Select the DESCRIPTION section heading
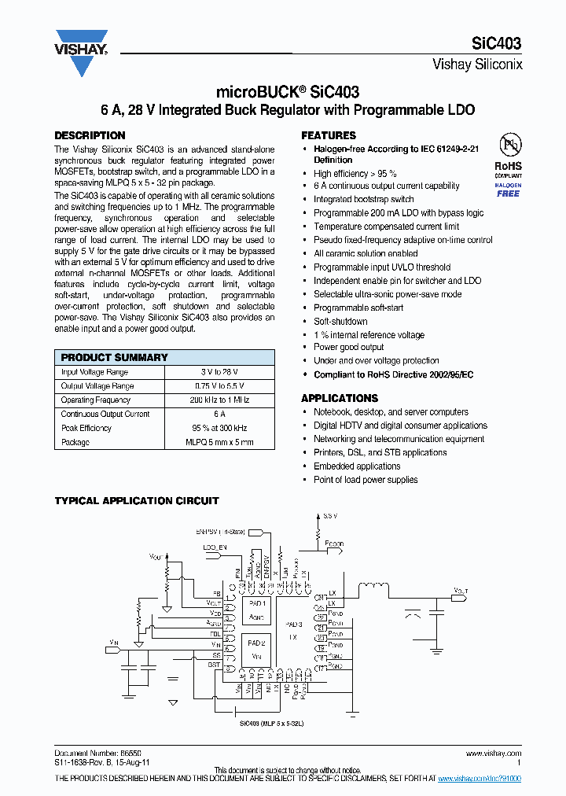click(90, 135)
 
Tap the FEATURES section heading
click(329, 135)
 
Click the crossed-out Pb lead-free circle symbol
click(509, 144)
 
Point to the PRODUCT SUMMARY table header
click(115, 357)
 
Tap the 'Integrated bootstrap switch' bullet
click(363, 200)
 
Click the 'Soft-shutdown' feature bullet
click(340, 322)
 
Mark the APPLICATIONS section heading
click(340, 398)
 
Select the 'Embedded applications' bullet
click(357, 466)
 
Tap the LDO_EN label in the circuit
click(215, 546)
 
